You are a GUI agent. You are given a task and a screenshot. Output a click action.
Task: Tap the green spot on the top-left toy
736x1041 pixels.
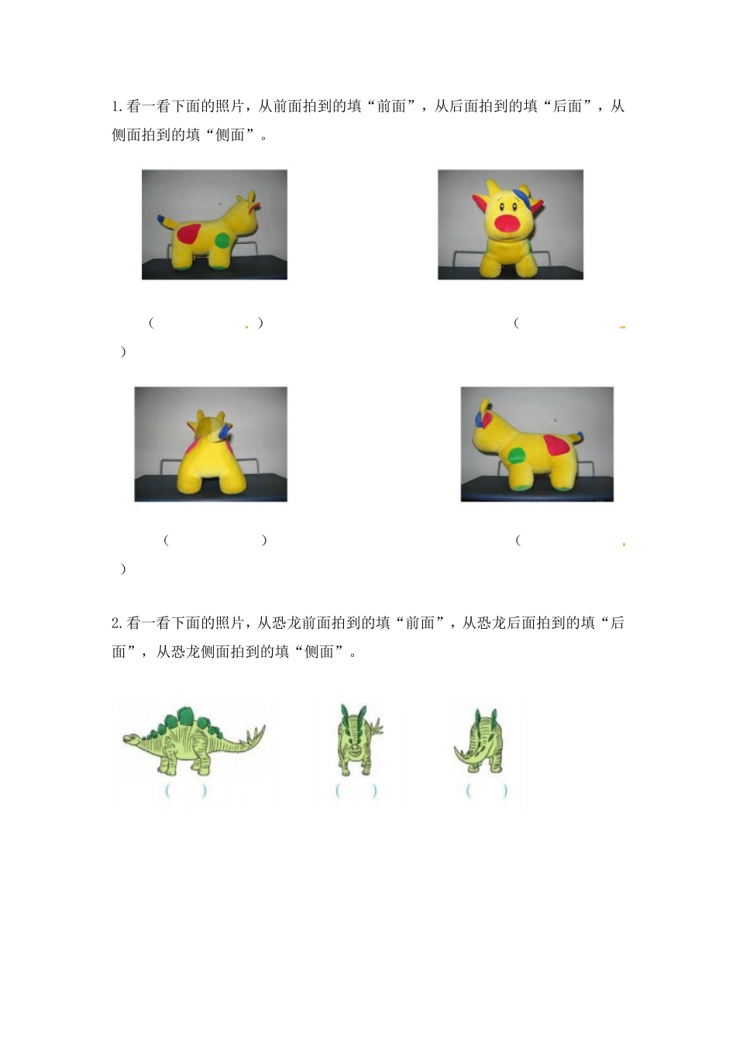222,240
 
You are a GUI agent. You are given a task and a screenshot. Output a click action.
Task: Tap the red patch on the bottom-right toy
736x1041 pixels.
556,445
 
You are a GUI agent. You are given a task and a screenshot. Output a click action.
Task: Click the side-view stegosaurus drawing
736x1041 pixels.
194,740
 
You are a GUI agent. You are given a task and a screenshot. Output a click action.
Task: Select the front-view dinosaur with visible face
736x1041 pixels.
356,740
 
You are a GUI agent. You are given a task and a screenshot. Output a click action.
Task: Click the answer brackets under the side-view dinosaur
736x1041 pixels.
186,791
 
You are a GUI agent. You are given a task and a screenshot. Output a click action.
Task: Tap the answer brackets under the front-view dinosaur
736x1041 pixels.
356,791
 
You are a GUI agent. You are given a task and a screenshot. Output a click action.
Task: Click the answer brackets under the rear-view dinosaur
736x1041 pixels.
487,791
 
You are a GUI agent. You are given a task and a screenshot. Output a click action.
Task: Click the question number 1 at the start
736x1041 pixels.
115,107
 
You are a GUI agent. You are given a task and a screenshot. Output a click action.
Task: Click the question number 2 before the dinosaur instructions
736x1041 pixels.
115,624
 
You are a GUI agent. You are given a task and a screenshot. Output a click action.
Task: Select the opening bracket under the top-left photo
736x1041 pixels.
152,323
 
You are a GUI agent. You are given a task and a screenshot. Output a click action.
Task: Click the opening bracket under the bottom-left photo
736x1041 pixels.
167,541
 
